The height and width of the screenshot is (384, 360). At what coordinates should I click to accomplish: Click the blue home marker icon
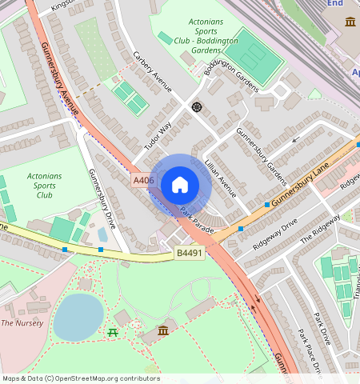coord(180,186)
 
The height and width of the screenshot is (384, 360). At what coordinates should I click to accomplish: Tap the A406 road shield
coord(144,181)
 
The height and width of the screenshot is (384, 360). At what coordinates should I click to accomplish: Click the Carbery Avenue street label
coord(153,72)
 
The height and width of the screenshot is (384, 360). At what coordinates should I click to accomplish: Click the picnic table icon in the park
coord(113,331)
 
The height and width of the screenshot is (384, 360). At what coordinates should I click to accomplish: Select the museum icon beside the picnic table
coord(163,330)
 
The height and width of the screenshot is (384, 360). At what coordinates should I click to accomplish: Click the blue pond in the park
coord(78,316)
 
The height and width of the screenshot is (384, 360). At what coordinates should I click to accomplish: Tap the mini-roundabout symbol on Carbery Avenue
coord(196,106)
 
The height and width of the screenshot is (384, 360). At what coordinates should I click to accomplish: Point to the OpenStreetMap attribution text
coord(81,378)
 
